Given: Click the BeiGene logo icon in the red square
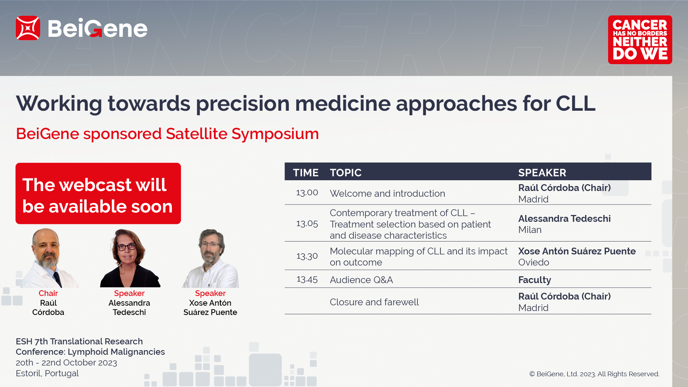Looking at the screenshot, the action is tap(28, 28).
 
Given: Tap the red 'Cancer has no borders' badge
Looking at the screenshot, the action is tap(640, 40).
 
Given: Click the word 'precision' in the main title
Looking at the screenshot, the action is tap(243, 104).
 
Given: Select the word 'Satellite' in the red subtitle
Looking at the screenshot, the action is tap(196, 134).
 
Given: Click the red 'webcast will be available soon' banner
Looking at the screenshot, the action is tap(98, 193).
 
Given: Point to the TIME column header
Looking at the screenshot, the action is tap(306, 173).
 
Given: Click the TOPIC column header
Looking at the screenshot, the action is tap(345, 173).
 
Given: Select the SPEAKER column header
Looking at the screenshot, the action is tap(542, 173).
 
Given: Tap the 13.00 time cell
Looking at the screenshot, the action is tap(307, 193).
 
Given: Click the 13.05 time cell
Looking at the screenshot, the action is tap(307, 224).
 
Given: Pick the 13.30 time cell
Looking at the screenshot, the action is tap(307, 256).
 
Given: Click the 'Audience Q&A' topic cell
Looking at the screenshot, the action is tap(361, 280).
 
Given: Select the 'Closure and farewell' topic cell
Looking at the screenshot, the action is tap(374, 302).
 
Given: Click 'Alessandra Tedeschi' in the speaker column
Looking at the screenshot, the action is tap(564, 219).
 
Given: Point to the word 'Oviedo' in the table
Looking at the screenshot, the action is tap(534, 262).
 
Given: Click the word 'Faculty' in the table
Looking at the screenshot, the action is tap(535, 280).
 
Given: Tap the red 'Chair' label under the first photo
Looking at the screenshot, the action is tap(48, 293).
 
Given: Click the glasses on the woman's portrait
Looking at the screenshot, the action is tap(126, 247).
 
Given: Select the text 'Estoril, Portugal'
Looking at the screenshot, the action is tap(47, 373).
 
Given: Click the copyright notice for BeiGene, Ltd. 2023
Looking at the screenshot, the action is tap(594, 374).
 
